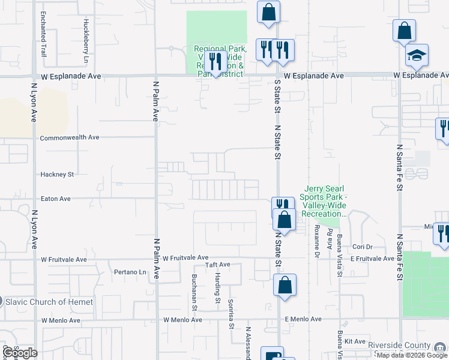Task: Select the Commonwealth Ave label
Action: point(69,137)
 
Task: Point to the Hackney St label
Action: point(56,175)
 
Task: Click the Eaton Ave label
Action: point(55,199)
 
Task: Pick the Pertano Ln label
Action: point(130,272)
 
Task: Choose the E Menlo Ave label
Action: point(303,319)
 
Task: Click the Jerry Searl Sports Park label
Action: point(328,201)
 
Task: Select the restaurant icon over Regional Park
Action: point(215,61)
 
